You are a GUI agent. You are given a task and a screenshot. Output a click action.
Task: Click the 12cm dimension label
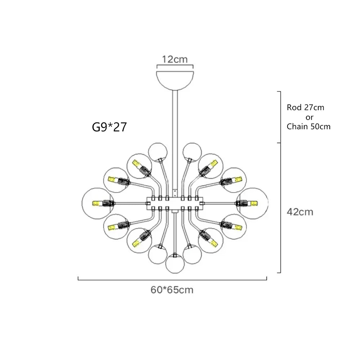pos(175,59)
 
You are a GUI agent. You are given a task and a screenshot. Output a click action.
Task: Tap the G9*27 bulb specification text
pos(109,127)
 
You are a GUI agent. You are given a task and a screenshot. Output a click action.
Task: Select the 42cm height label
pos(300,212)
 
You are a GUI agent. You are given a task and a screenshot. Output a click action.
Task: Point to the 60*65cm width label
pos(172,290)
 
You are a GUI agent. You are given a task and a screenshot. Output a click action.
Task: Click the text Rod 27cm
pos(305,108)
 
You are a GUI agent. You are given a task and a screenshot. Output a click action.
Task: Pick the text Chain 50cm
pos(309,127)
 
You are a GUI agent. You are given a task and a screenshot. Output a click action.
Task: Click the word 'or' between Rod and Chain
pos(309,117)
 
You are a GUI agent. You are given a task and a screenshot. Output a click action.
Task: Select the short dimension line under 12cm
pos(175,67)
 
